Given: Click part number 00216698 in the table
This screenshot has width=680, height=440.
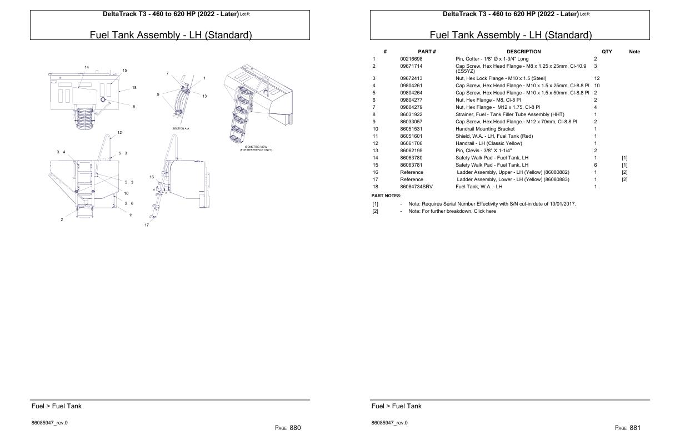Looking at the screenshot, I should [x=411, y=59].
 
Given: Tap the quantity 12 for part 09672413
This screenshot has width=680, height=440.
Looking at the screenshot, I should [x=597, y=78].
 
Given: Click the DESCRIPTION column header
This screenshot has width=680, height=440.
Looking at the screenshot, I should [x=523, y=52].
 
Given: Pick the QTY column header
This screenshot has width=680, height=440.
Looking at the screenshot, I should [x=607, y=52].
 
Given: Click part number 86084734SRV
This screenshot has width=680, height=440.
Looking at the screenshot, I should [x=416, y=187].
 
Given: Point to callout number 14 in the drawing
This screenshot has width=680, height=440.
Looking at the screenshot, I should [x=86, y=67].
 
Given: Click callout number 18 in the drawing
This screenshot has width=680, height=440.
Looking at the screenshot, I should [x=134, y=88].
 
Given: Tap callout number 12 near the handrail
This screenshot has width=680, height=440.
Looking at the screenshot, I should [x=120, y=133].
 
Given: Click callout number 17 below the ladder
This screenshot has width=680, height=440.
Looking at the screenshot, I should [x=147, y=225].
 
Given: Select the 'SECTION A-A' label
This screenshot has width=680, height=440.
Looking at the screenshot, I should [x=181, y=128].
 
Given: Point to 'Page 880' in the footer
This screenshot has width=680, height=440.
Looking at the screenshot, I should [x=288, y=428].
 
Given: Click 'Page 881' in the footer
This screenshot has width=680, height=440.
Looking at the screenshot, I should [x=628, y=428].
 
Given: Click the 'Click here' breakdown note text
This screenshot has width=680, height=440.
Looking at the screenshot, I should [x=484, y=211].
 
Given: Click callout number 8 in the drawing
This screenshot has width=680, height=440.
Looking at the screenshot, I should [x=134, y=107].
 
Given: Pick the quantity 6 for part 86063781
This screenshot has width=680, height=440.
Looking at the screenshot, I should [x=595, y=165].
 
